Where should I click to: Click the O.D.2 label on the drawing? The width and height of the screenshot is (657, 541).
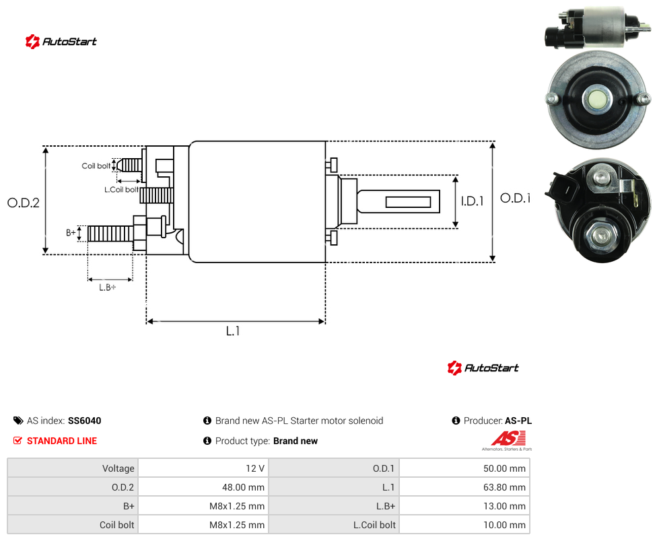coord(24,203)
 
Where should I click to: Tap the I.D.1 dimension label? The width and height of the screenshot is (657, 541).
coord(473,201)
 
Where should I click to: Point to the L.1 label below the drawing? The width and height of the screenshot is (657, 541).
coord(233,331)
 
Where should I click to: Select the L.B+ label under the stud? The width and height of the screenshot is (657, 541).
coord(108,287)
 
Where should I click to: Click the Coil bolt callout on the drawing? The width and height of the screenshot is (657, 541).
coord(96,166)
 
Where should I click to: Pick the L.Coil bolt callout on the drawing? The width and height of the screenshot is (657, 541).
coord(122,190)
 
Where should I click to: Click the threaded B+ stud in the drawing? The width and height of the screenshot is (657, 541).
coord(110,233)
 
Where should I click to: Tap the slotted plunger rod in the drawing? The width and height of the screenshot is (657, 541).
coord(398,201)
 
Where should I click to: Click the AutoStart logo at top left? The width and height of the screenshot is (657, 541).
coord(61,42)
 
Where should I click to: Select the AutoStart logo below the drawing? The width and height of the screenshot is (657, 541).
coord(483,368)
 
